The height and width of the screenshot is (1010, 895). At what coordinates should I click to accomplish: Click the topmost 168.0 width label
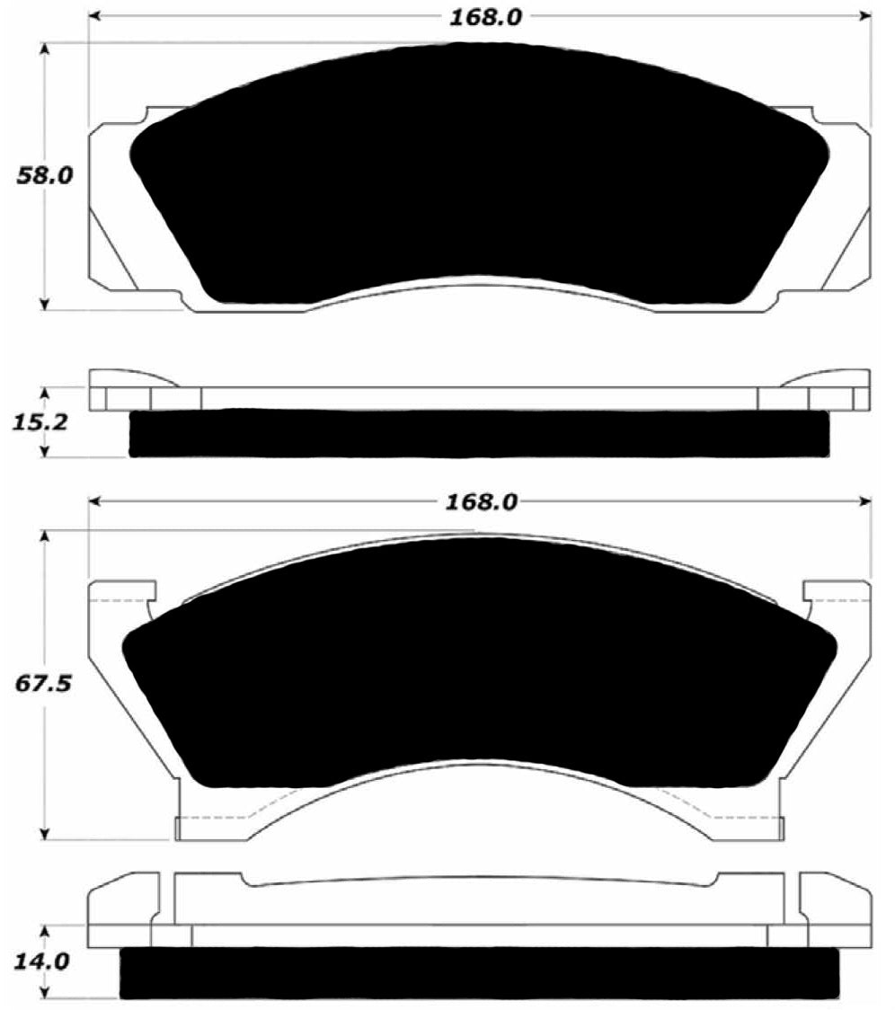[x=479, y=17]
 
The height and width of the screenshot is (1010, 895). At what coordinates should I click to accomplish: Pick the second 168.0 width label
[x=479, y=501]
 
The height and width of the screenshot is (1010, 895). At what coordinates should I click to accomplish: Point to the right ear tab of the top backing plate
[x=849, y=207]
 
